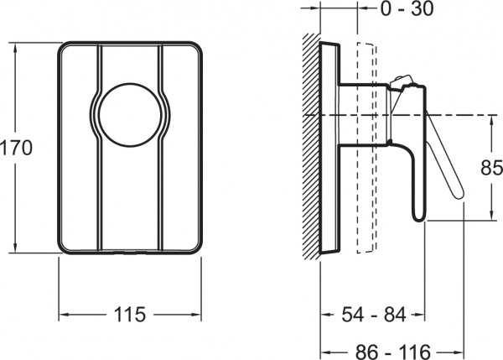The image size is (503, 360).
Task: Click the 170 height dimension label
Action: (16, 148)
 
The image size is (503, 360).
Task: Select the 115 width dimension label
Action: (130, 315)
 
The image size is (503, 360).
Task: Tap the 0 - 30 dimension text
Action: (407, 8)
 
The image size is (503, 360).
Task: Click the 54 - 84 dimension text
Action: (374, 315)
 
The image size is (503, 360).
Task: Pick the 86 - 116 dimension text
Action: (392, 352)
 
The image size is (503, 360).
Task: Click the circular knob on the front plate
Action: (130, 115)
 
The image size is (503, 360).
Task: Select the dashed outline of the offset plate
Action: (366, 148)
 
